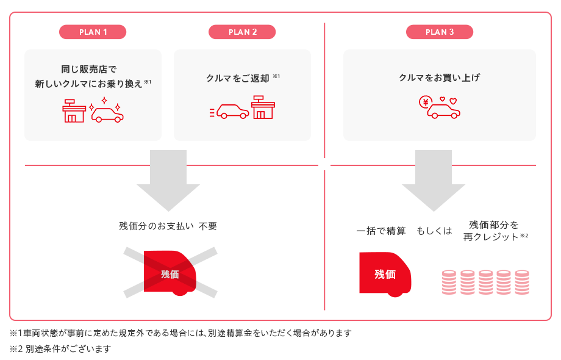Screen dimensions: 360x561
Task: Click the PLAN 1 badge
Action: click(93, 32)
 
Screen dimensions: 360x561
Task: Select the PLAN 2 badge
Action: click(242, 32)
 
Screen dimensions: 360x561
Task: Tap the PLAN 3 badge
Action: click(440, 32)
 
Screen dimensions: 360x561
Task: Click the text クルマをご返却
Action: click(238, 78)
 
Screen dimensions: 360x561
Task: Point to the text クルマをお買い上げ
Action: click(439, 78)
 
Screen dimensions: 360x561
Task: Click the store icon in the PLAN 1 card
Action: click(74, 110)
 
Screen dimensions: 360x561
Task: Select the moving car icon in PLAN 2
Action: click(229, 111)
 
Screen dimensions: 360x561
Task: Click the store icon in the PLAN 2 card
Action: click(263, 108)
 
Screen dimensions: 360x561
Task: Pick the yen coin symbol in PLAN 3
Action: click(424, 102)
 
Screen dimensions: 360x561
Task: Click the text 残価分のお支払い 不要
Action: click(168, 226)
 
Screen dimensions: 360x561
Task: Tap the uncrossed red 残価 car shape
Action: click(385, 274)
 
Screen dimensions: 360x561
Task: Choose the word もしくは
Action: click(434, 231)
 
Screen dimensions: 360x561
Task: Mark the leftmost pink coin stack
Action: click(449, 283)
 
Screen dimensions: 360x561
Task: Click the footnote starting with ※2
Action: click(60, 349)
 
